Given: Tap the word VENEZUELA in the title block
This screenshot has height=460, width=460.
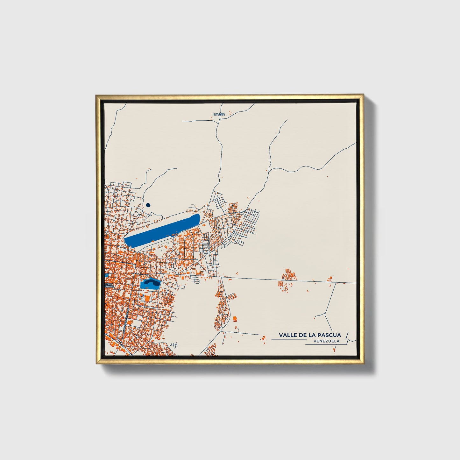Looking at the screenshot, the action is [326, 341].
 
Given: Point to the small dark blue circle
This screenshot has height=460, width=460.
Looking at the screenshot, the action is [148, 205].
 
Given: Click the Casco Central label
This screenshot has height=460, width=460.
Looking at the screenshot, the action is [109, 285].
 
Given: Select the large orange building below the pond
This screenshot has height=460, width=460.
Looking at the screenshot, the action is [147, 298].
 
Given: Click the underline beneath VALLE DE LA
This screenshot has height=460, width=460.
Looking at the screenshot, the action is [288, 339].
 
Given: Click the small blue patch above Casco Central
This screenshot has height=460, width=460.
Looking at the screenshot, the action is [107, 275].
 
